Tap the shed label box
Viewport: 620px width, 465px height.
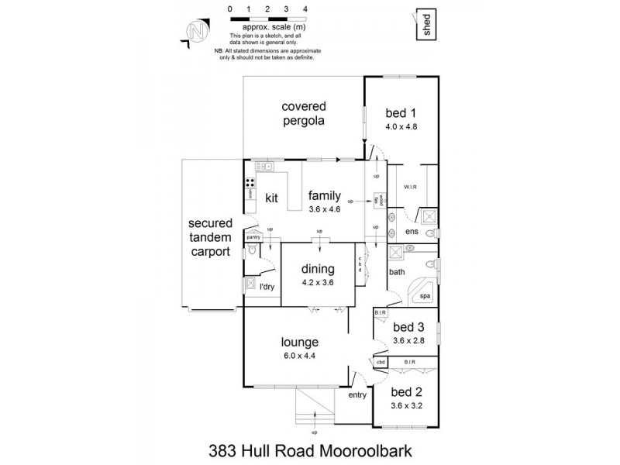click(425, 22)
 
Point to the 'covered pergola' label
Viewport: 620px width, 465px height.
click(304, 113)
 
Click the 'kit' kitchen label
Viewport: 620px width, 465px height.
click(271, 198)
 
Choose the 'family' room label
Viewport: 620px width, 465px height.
click(323, 195)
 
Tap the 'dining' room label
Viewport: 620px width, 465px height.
click(318, 270)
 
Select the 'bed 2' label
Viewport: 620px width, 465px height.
click(406, 391)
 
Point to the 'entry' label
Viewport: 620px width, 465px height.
click(357, 395)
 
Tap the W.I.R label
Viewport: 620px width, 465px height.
click(410, 188)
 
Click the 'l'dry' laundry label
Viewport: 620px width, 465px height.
click(267, 288)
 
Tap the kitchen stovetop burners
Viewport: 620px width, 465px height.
click(252, 184)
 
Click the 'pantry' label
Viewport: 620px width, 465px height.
click(253, 236)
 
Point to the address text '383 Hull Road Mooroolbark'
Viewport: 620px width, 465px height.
click(310, 448)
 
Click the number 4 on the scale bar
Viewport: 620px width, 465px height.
click(305, 9)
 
